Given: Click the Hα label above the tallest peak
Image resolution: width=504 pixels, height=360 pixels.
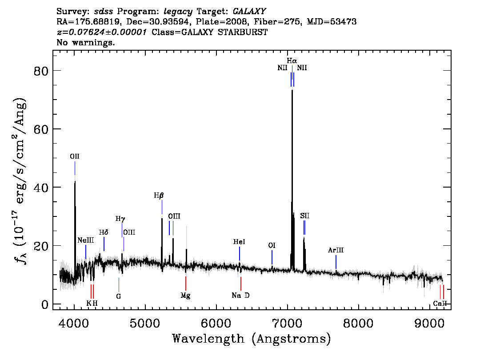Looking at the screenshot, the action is tap(292, 61).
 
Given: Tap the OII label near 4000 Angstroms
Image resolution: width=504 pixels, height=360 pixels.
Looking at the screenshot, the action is tap(75, 156).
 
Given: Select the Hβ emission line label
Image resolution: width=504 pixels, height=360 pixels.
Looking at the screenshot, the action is tap(159, 196).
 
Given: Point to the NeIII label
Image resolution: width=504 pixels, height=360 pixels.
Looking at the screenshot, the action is tap(85, 240).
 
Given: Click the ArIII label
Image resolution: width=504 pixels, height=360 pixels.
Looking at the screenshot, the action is tap(336, 250).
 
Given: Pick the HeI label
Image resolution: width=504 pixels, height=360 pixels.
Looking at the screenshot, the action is tap(239, 242).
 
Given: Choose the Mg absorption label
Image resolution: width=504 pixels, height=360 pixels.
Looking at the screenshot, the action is tap(185, 296).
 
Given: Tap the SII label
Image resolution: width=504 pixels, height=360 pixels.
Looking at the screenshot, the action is tap(305, 216).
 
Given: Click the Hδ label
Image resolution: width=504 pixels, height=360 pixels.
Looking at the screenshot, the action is tap(104, 232).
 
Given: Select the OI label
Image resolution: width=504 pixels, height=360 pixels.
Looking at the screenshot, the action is tap(272, 246).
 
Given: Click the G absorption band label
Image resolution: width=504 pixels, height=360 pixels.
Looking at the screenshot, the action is tap(119, 296).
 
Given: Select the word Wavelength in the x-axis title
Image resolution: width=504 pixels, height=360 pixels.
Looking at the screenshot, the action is tap(208, 339).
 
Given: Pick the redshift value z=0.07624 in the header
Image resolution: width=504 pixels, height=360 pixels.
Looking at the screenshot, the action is tap(102, 32).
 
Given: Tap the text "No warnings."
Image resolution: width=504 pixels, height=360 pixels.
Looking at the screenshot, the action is tap(85, 42).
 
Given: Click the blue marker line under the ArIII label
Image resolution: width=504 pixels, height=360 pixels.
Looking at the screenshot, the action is tap(336, 262).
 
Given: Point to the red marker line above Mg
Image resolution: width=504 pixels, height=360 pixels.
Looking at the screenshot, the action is tap(185, 284).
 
